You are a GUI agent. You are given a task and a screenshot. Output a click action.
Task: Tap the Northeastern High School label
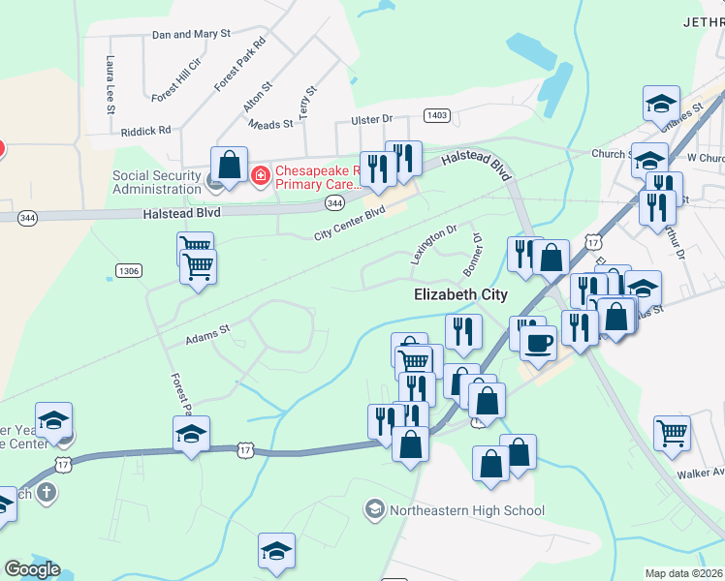(x=466, y=510)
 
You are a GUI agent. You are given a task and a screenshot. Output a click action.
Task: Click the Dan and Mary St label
(x=191, y=33)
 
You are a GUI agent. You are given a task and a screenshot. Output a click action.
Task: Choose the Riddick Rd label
(x=145, y=129)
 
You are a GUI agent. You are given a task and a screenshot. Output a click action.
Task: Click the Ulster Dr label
(x=371, y=118)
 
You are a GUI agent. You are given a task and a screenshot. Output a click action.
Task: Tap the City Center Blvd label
(x=350, y=224)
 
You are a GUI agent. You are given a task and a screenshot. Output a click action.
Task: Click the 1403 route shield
(x=437, y=115)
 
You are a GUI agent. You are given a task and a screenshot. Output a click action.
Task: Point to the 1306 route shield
(x=128, y=269)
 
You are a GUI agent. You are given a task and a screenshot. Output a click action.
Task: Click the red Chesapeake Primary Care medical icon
(x=259, y=175)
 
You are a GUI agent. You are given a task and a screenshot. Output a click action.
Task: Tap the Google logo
(x=32, y=569)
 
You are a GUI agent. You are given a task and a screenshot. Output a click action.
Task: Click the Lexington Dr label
(x=432, y=245)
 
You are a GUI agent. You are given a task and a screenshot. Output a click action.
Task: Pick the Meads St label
(x=270, y=125)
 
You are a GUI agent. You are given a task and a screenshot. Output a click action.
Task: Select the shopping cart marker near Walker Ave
(x=672, y=433)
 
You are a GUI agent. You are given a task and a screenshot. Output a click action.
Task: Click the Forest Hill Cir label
(x=175, y=80)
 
